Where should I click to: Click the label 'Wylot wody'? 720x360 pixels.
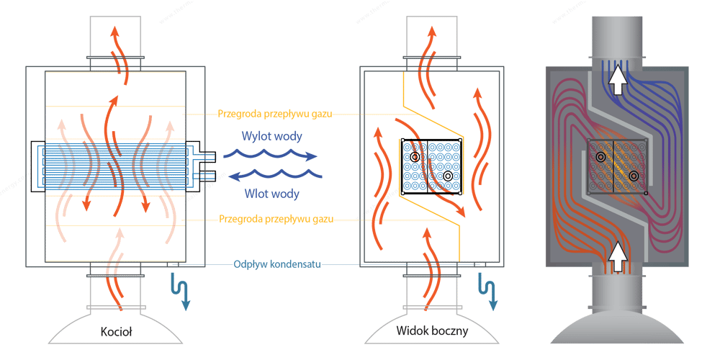[x=267, y=136]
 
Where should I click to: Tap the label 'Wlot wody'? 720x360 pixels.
[x=271, y=193]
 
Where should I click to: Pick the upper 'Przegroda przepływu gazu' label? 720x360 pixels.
[x=274, y=114]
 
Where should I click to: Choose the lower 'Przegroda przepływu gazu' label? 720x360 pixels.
[x=276, y=219]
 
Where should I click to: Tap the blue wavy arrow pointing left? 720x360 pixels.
[x=276, y=174]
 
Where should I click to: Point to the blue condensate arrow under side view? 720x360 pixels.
[x=487, y=291]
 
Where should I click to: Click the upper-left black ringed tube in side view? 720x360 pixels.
[x=415, y=157]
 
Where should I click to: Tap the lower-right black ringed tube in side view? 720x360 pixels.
[x=448, y=176]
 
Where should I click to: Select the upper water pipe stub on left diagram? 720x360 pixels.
[x=208, y=156]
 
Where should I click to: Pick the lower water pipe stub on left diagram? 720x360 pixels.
[x=208, y=175]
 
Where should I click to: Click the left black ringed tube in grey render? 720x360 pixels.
[x=600, y=157]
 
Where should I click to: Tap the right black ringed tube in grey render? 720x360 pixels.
[x=634, y=176]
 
